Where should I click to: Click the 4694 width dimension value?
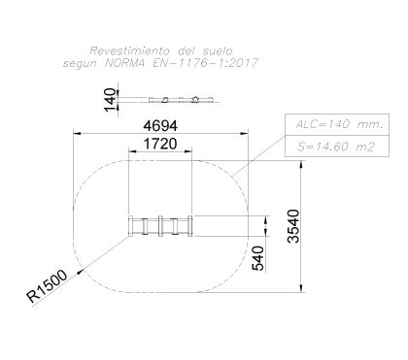pos(160,126)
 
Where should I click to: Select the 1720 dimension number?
pos(160,144)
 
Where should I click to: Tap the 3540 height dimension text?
pos(294,226)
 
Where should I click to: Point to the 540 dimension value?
pos(258,258)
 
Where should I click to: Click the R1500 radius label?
pos(48,285)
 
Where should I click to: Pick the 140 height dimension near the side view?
pos(110,99)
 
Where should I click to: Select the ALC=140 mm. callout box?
pos(337,124)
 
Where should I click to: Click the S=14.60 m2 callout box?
pos(337,147)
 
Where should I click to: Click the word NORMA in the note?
pos(125,63)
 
